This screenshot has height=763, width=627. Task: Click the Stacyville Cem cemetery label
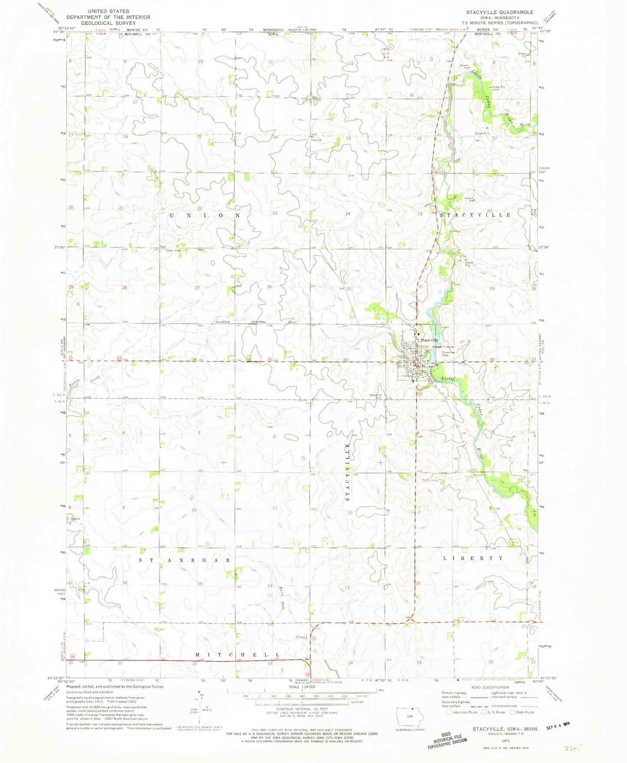click(375, 396)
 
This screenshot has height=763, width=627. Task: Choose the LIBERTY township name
click(473, 558)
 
